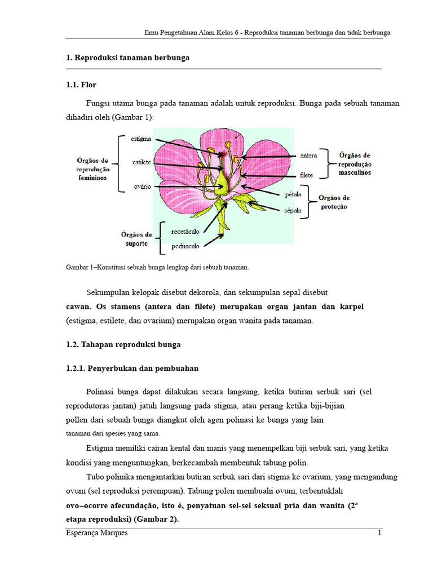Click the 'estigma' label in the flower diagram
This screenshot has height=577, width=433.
click(140, 138)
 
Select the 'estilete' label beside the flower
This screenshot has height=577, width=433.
click(142, 162)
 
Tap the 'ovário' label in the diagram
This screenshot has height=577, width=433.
click(142, 187)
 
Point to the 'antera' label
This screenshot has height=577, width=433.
click(308, 155)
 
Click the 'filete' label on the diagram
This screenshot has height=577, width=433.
click(307, 175)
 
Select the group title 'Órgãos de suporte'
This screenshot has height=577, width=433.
click(136, 239)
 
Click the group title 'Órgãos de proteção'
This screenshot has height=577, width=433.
click(334, 202)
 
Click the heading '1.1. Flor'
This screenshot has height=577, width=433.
click(81, 85)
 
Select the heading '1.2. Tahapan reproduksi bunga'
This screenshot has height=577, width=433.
click(123, 344)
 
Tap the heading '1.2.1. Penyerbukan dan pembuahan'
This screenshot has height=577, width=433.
click(132, 369)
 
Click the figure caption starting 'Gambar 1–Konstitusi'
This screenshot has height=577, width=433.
click(157, 267)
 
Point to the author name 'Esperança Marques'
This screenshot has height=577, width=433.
click(96, 534)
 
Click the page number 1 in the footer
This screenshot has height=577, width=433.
click(379, 534)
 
